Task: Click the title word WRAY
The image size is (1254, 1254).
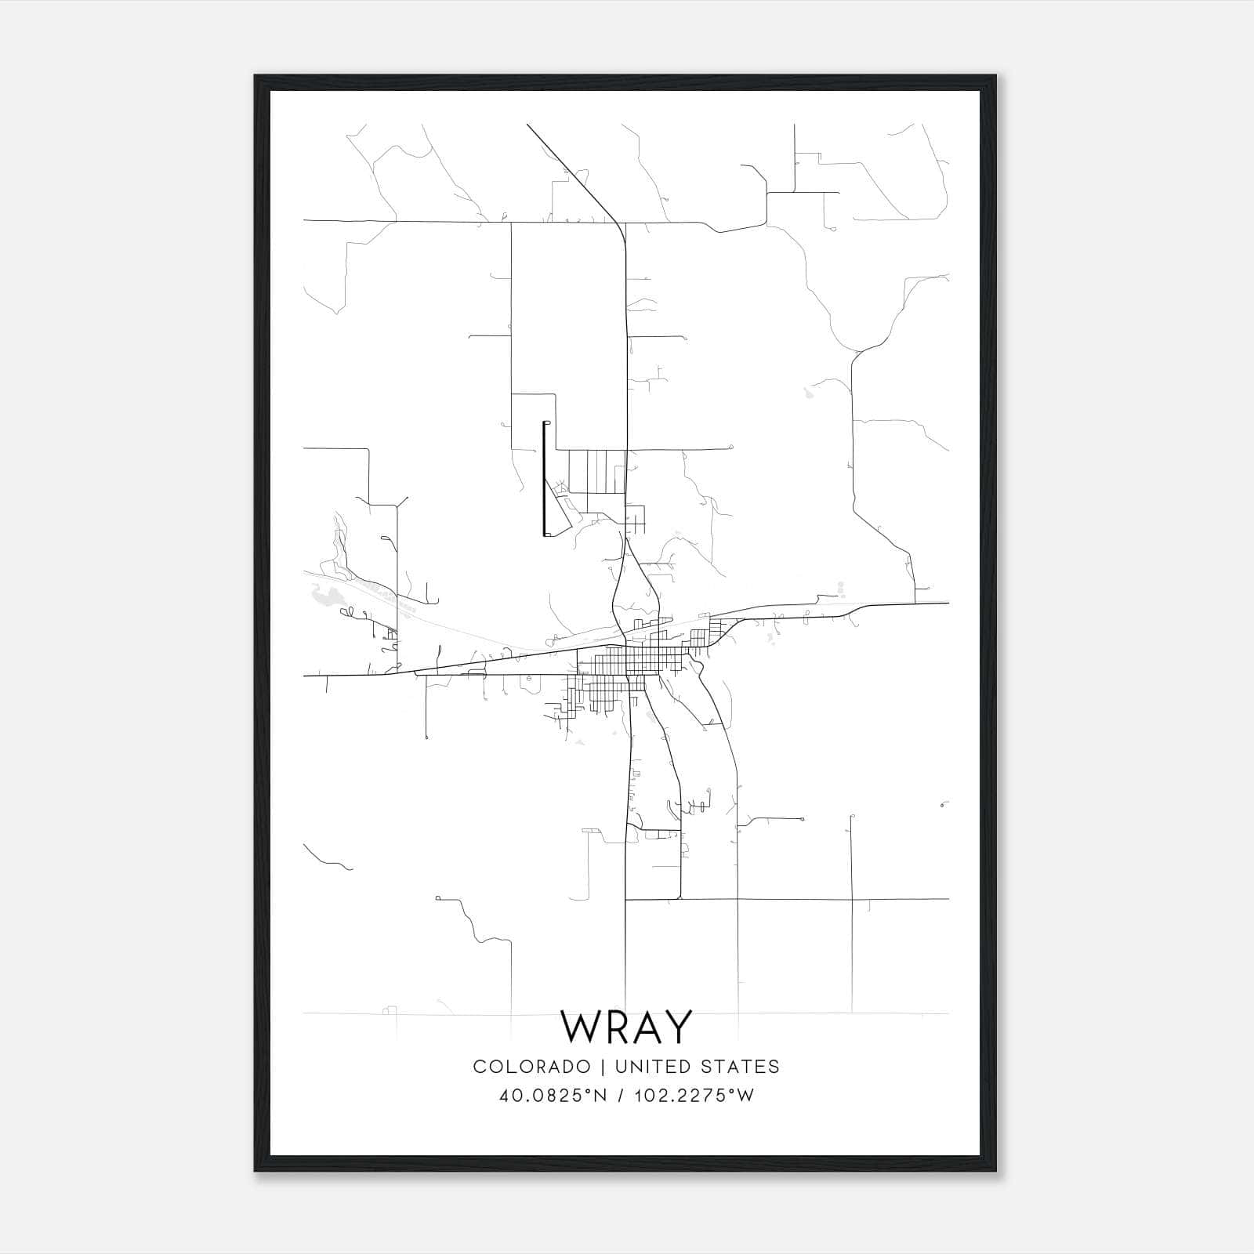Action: pos(626,1027)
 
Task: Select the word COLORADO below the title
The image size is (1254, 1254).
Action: pos(531,1067)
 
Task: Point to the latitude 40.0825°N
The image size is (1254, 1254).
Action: pos(553,1096)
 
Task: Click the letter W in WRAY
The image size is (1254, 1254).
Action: pos(579,1027)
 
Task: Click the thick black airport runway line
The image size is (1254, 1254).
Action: pos(544,480)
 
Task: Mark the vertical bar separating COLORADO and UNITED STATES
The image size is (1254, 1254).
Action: pos(603,1067)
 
